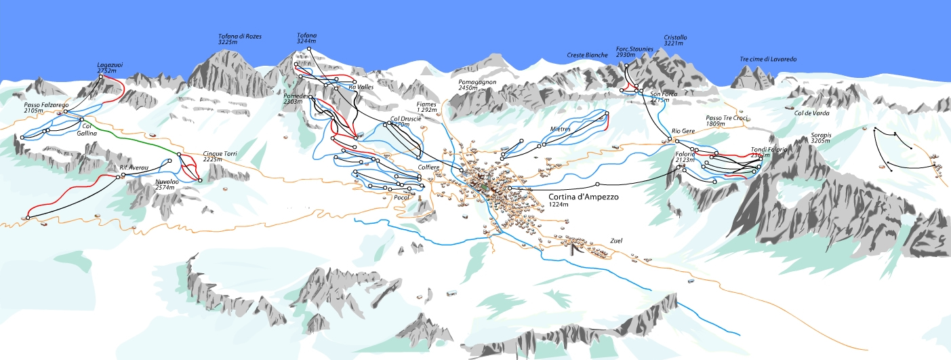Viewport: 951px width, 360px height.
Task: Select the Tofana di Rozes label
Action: (x=239, y=39)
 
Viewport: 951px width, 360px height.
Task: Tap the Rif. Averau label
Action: (x=134, y=167)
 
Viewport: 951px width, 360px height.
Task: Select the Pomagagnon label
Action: (x=477, y=84)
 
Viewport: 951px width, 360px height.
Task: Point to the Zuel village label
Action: (x=615, y=241)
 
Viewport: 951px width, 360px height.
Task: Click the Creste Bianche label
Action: (x=587, y=55)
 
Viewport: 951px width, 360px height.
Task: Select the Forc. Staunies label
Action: (x=634, y=52)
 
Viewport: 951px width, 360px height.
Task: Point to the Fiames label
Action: (x=426, y=106)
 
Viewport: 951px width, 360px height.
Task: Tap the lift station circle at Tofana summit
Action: (x=310, y=49)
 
